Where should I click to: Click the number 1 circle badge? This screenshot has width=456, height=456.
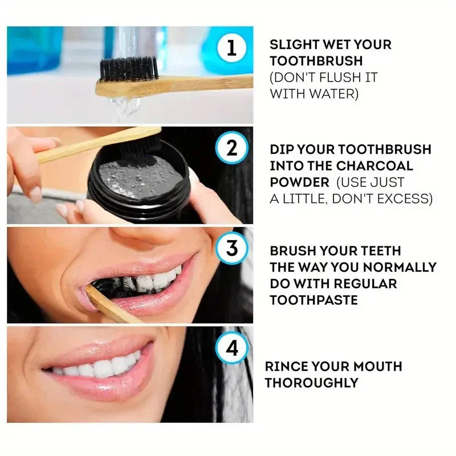(231, 47)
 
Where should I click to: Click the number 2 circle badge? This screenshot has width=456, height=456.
(231, 149)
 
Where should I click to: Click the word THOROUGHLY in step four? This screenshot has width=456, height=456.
(312, 382)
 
